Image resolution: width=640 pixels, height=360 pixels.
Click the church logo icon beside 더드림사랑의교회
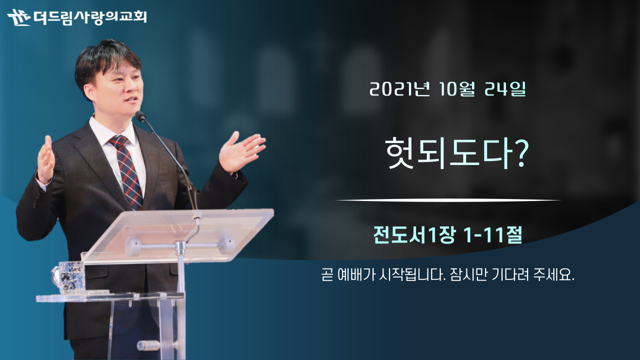point(18,17)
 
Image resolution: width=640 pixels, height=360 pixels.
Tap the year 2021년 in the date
point(399,89)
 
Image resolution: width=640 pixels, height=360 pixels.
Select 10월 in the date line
point(456,89)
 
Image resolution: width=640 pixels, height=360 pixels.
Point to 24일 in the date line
point(505,89)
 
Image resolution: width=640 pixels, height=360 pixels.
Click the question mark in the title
point(518,153)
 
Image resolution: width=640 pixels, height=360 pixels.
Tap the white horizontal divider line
point(448,200)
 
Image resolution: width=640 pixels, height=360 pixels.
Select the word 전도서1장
point(413,235)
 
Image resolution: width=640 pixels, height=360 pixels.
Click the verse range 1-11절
point(493,235)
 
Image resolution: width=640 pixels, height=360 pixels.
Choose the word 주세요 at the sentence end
point(553,275)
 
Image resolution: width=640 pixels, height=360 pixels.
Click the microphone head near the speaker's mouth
point(140,116)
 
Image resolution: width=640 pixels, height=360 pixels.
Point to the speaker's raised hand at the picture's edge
point(45,159)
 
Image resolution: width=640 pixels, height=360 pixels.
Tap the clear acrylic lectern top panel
point(177,235)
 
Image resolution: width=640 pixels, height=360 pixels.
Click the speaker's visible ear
point(89,93)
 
